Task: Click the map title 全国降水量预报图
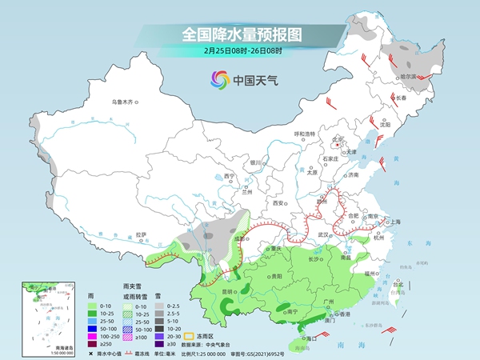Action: pyautogui.click(x=240, y=34)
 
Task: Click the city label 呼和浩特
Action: pyautogui.click(x=304, y=134)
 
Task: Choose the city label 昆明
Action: pyautogui.click(x=230, y=292)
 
